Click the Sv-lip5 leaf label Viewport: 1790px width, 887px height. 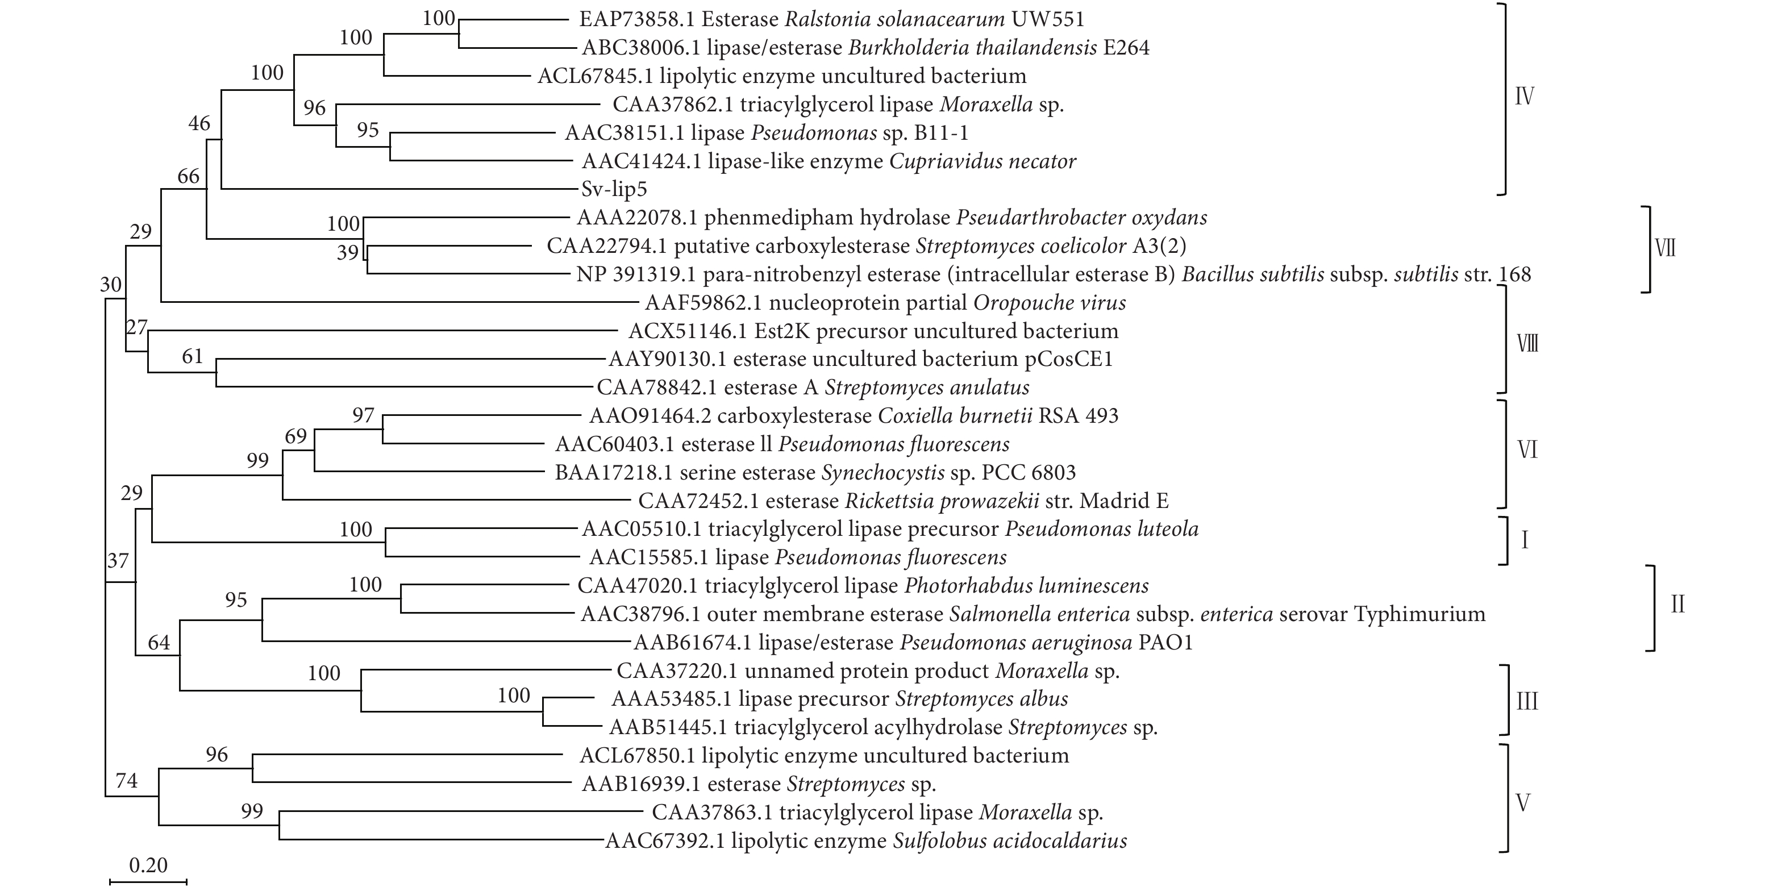pyautogui.click(x=614, y=189)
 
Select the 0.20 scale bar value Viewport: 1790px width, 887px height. pyautogui.click(x=148, y=865)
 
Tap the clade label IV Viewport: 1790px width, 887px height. pyautogui.click(x=1524, y=97)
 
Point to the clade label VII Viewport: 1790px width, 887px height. pyautogui.click(x=1666, y=248)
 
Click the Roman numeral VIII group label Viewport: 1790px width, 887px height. pyautogui.click(x=1527, y=343)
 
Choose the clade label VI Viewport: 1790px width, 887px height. pyautogui.click(x=1527, y=450)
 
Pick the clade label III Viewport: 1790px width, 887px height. pyautogui.click(x=1527, y=701)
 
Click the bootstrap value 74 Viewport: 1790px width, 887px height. pyautogui.click(x=127, y=781)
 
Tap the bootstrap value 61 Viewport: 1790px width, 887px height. pyautogui.click(x=193, y=356)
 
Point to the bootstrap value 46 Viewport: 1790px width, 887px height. pyautogui.click(x=199, y=124)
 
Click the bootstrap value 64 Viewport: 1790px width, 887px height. pyautogui.click(x=159, y=643)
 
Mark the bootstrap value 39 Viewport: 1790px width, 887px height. pyautogui.click(x=347, y=252)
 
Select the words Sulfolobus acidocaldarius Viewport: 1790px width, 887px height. pyautogui.click(x=1010, y=841)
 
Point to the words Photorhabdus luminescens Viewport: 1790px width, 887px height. pyautogui.click(x=1026, y=585)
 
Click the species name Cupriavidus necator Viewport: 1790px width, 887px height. pyautogui.click(x=983, y=161)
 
